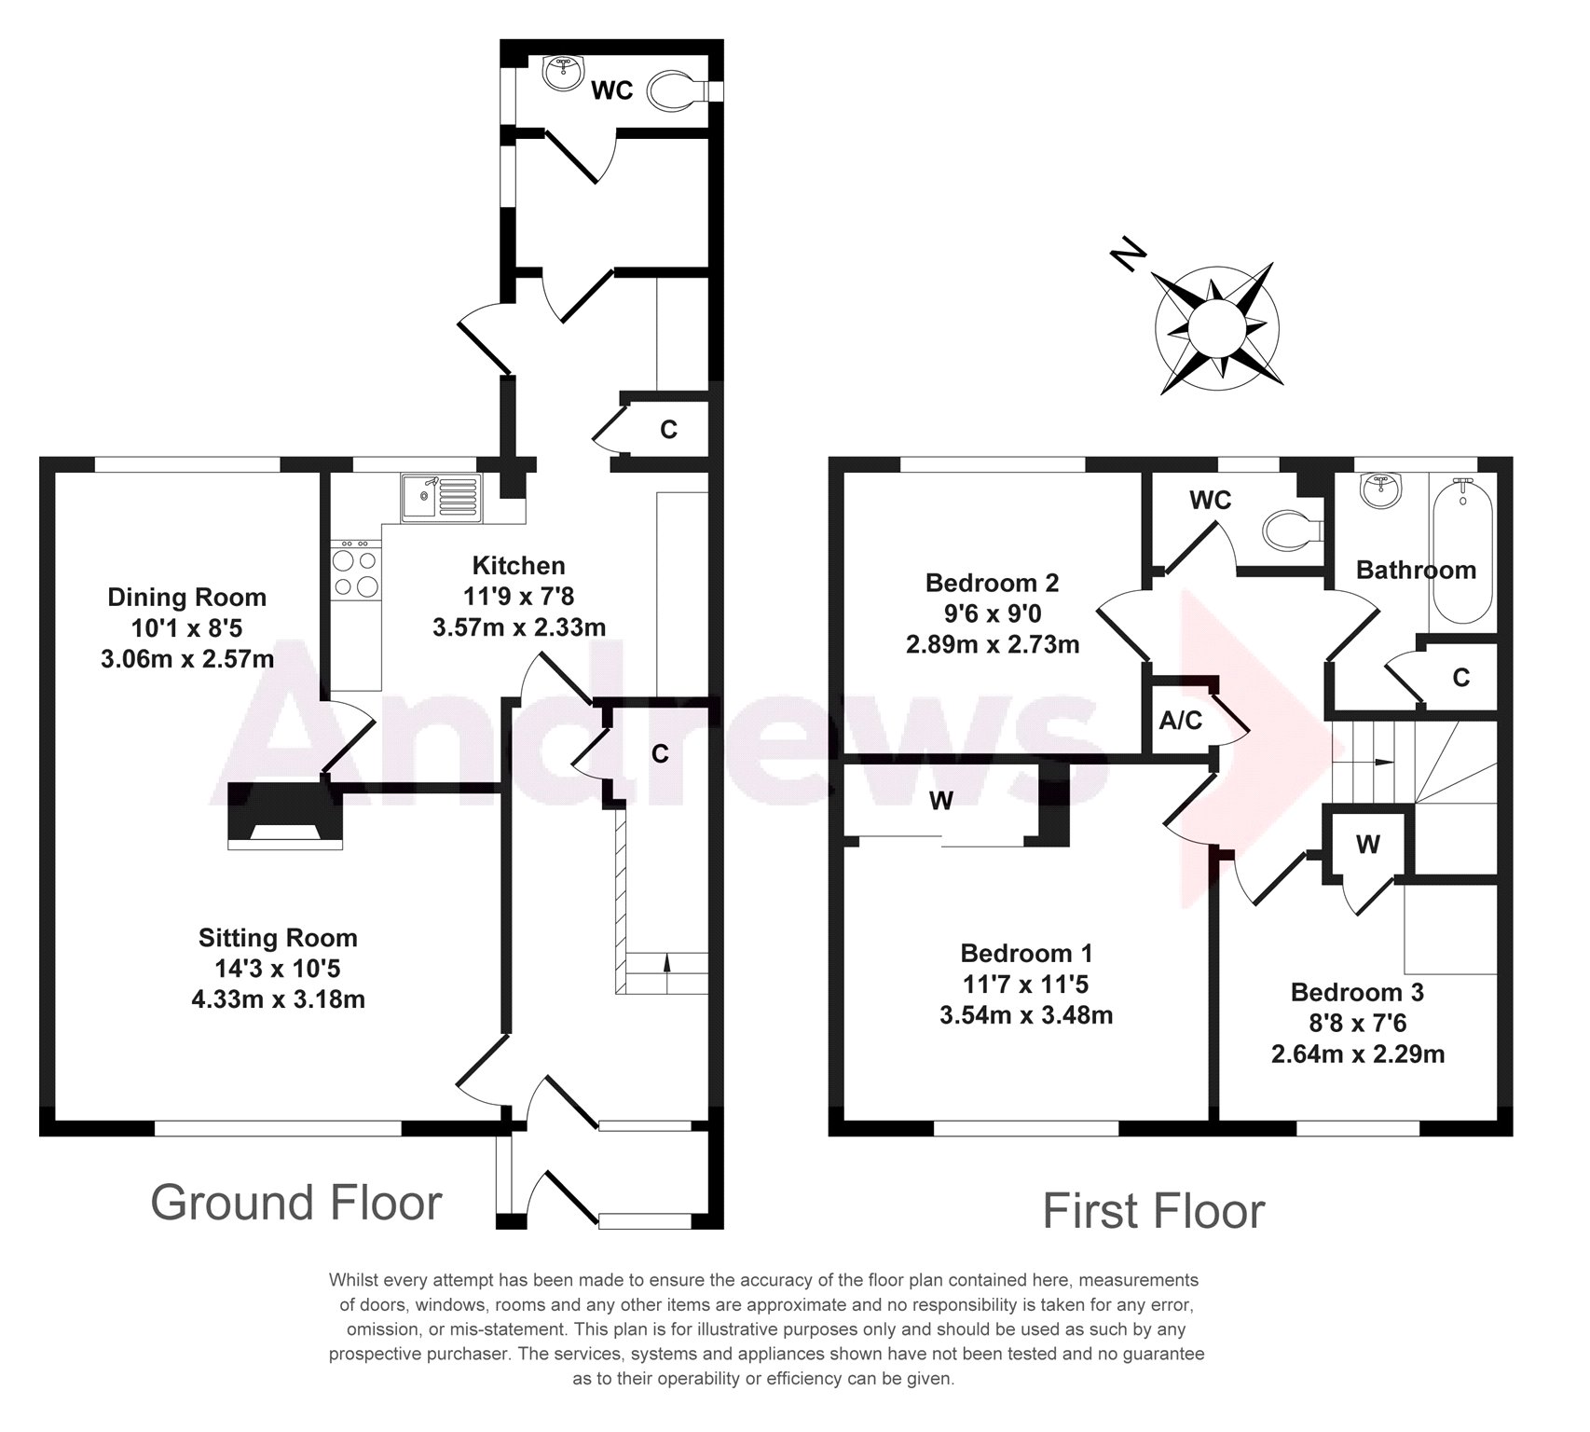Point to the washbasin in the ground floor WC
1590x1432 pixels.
[x=562, y=72]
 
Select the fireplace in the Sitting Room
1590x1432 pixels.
[x=285, y=816]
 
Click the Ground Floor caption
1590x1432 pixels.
[x=296, y=1203]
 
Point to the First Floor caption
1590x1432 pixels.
[x=1153, y=1211]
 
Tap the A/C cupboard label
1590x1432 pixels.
[x=1180, y=720]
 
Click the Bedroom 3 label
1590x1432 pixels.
[x=1357, y=992]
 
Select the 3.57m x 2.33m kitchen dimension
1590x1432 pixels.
[x=519, y=627]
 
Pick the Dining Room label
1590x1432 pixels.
[x=186, y=597]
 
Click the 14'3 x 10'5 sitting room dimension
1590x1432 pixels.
[x=278, y=969]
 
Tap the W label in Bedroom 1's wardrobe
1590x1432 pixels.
[x=941, y=800]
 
